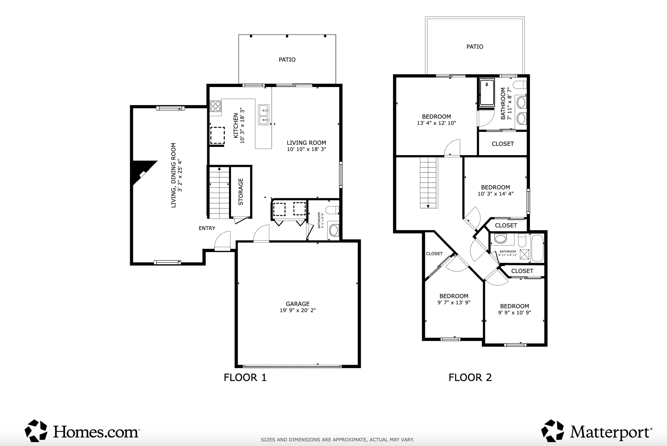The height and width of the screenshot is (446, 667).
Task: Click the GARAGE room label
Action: click(x=298, y=304)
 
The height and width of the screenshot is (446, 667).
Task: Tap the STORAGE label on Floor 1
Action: click(x=241, y=192)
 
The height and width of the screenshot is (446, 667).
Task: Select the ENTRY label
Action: click(x=207, y=228)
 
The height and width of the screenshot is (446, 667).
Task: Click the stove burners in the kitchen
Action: click(x=215, y=106)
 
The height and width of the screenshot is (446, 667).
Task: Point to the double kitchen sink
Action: click(x=264, y=115)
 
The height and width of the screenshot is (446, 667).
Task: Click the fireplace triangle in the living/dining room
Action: click(x=142, y=173)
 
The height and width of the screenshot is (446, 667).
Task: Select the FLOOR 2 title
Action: click(x=470, y=378)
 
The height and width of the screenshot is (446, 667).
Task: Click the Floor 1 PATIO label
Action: click(x=287, y=60)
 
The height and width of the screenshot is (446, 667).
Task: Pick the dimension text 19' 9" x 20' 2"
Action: click(x=298, y=310)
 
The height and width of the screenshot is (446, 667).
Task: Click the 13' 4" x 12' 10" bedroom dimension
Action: click(x=436, y=123)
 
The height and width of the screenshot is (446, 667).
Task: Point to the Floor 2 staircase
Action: click(x=428, y=182)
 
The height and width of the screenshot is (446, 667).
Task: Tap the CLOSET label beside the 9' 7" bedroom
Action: click(x=434, y=254)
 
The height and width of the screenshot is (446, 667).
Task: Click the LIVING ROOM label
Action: click(x=306, y=143)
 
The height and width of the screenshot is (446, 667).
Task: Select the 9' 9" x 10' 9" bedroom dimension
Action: click(x=515, y=313)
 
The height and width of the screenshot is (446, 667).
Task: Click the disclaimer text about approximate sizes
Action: click(x=337, y=440)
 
